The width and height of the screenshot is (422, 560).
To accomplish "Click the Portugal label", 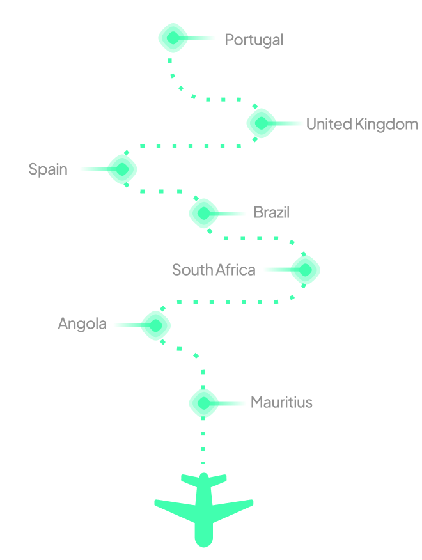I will coord(254,40).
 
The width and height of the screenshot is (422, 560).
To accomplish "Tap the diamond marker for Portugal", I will coord(173,38).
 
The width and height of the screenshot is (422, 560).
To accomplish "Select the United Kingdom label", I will coord(362,124).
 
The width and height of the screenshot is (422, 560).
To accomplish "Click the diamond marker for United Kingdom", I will coord(262,123).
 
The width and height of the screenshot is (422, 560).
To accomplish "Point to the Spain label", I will coord(48,169).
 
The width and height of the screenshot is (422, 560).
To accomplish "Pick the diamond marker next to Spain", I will coord(122,169).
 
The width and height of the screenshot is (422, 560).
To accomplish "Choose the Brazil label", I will coord(271,212).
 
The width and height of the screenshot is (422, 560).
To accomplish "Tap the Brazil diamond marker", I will coord(204,213).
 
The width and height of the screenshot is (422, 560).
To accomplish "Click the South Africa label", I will coord(214,270).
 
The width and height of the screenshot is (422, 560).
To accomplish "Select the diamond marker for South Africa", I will coord(305,270).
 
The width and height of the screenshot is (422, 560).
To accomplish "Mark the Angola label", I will coord(82,324).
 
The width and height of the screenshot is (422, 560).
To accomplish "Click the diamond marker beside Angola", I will coord(155,325).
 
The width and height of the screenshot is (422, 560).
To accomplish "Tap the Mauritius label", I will coord(281,402).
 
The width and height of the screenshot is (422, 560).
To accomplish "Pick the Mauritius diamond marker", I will coord(204,403).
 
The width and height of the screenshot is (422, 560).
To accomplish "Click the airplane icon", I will coord(203,508).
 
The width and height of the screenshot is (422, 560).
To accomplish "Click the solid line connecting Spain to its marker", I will coord(94,169).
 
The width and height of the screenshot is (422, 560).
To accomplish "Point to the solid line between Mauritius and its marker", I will coord(232,403).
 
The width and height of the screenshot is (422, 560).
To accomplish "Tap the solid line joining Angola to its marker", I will coord(127,325).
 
